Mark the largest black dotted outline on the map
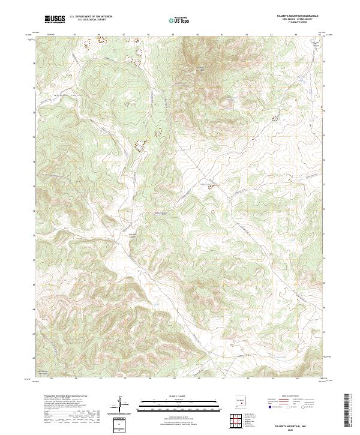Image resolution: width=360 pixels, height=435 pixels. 142,145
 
